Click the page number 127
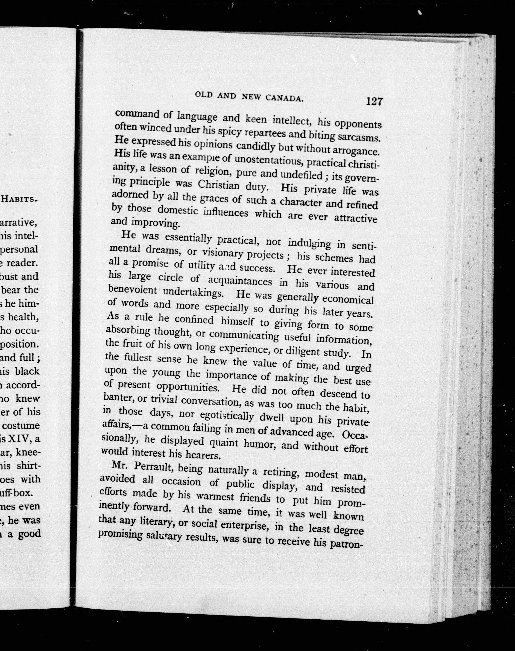pyautogui.click(x=374, y=101)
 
